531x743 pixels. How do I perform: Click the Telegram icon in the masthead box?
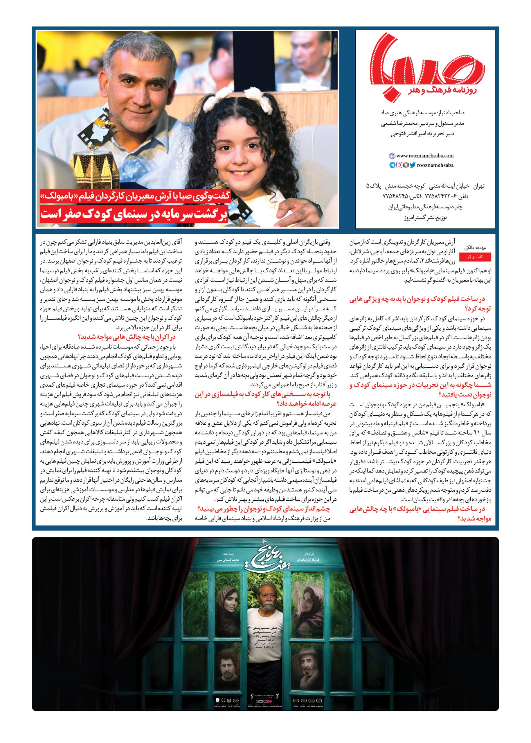392,165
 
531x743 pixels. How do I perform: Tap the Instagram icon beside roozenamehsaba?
399,165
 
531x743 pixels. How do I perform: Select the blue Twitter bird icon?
413,165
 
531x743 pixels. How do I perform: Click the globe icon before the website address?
392,156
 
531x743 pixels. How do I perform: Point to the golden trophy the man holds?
93,160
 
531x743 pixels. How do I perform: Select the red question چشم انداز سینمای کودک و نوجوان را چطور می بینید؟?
264,509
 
